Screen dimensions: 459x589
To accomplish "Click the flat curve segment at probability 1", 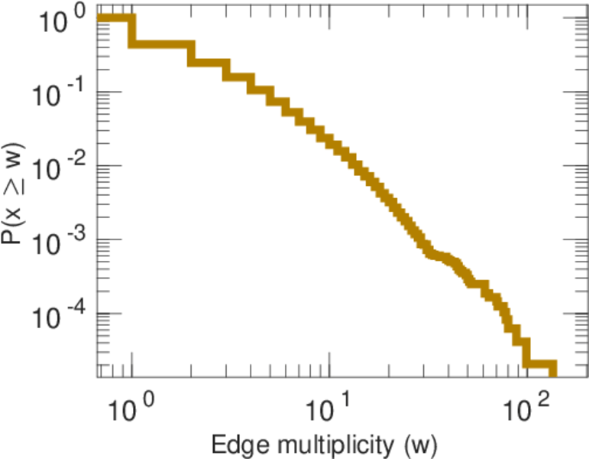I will pyautogui.click(x=115, y=18).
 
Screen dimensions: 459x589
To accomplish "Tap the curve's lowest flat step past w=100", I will pyautogui.click(x=539, y=364).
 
